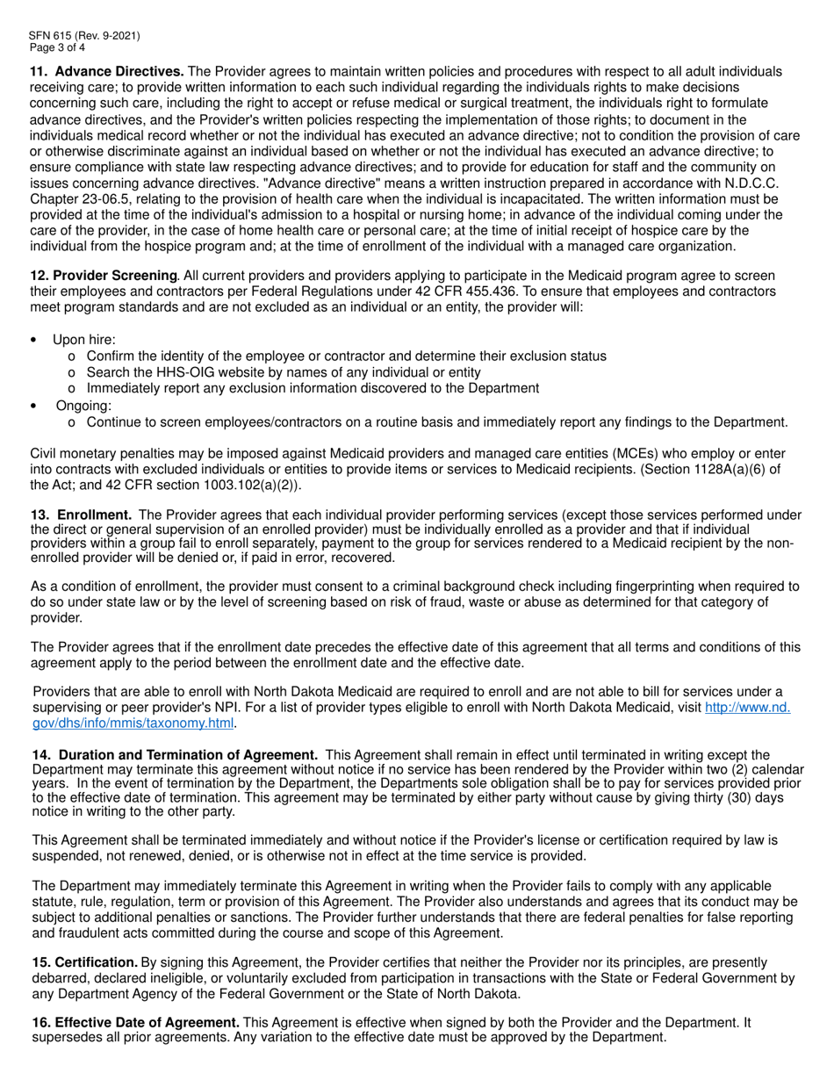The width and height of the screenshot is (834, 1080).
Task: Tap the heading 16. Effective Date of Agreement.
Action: pyautogui.click(x=136, y=1022)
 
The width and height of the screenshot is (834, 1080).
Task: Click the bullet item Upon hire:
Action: pyautogui.click(x=84, y=340)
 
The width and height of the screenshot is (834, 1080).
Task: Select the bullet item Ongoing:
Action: pyautogui.click(x=84, y=406)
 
